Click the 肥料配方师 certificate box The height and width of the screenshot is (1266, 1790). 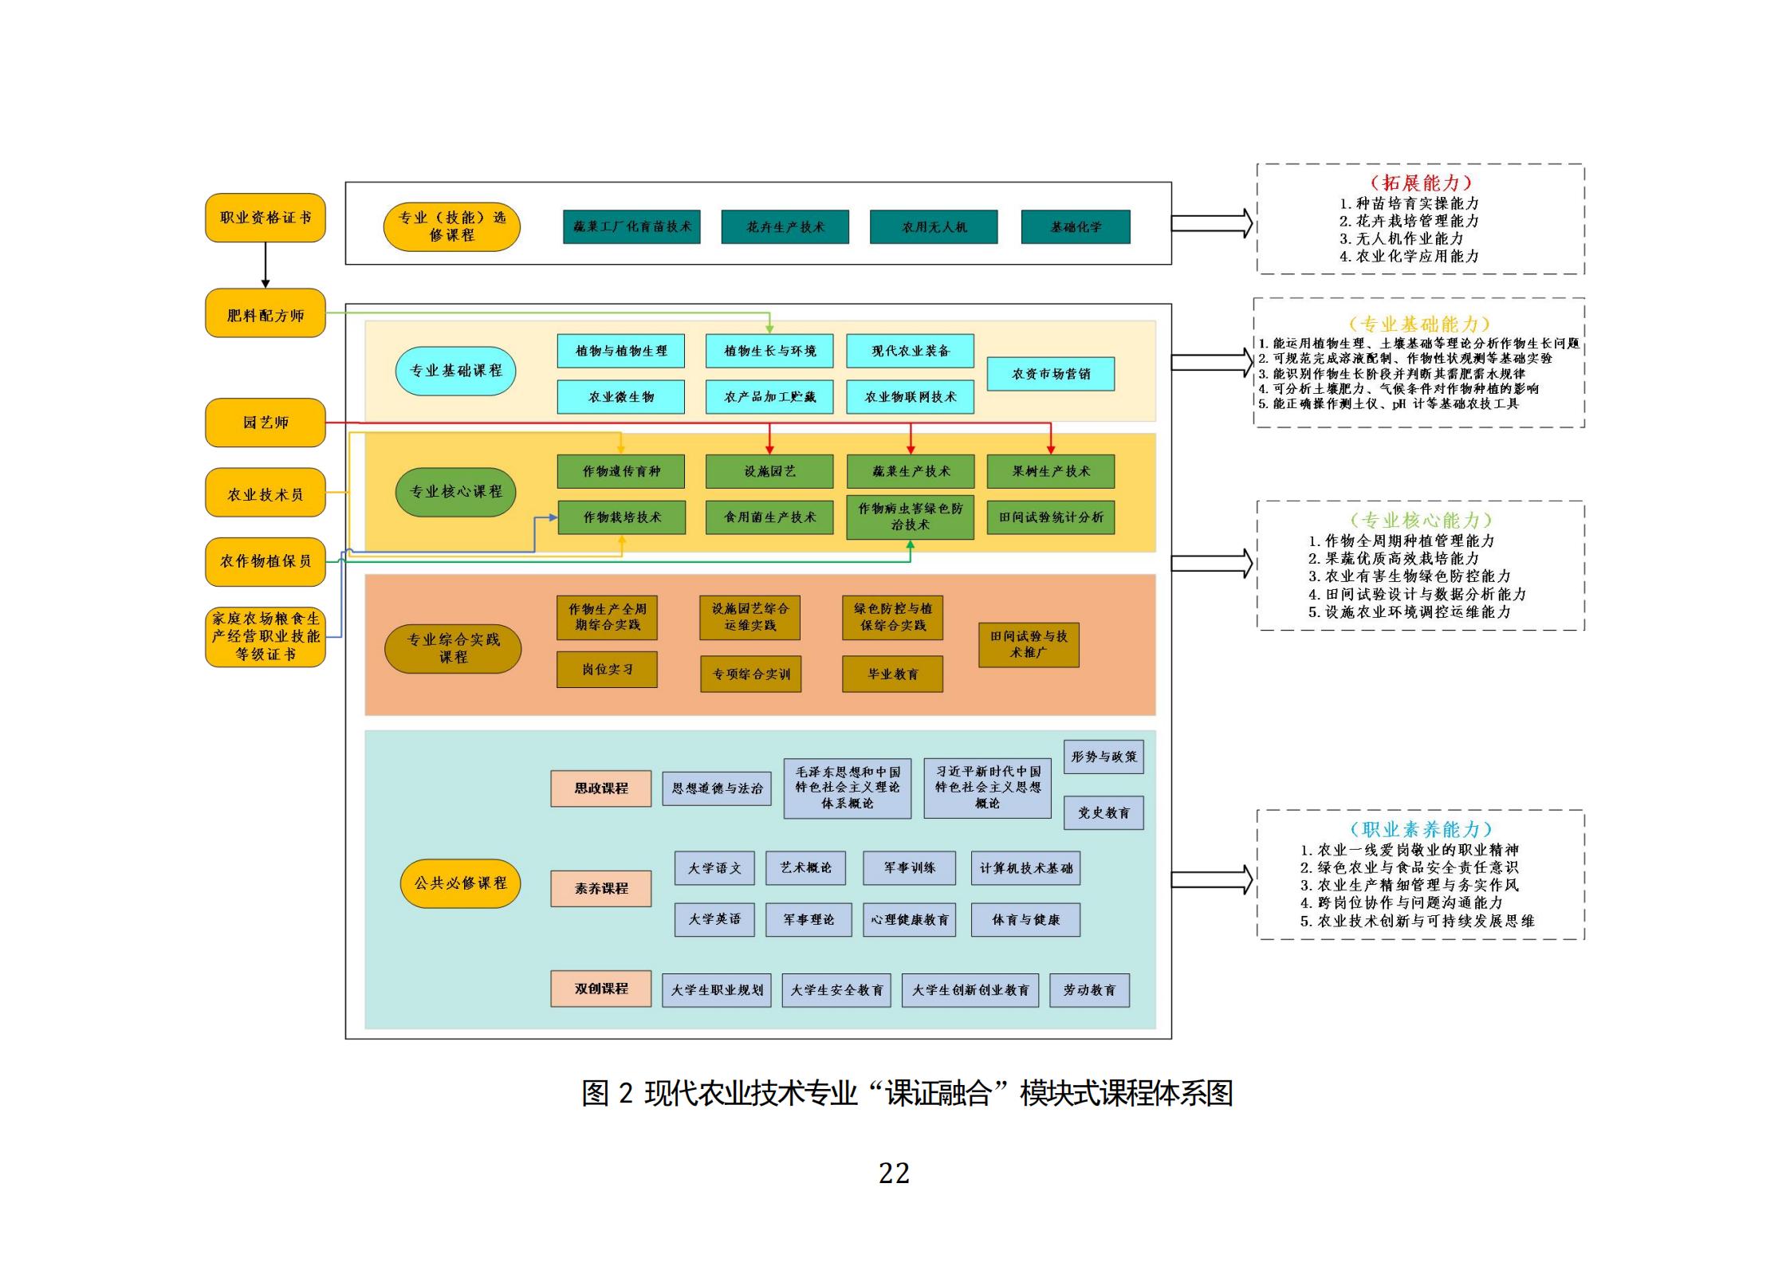click(x=265, y=314)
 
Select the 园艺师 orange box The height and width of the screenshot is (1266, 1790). click(x=265, y=423)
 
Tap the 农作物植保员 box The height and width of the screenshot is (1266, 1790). click(x=265, y=561)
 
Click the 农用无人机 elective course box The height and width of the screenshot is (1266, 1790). click(x=934, y=227)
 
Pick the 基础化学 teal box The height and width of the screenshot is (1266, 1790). click(x=1075, y=227)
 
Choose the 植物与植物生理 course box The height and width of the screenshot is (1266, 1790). click(x=620, y=351)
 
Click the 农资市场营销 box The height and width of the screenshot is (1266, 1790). click(x=1050, y=374)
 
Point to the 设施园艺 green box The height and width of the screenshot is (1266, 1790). click(x=769, y=471)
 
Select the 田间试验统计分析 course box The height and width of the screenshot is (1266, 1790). click(x=1050, y=517)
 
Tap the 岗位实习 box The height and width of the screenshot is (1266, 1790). click(x=607, y=670)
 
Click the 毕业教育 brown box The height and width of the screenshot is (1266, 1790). click(x=892, y=674)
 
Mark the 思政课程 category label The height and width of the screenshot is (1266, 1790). click(x=600, y=788)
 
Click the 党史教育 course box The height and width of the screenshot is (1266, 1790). click(x=1104, y=812)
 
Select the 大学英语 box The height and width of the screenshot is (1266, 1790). click(x=714, y=919)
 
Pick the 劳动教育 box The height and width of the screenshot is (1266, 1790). click(x=1089, y=990)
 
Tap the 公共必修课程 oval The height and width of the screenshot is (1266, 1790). click(x=460, y=883)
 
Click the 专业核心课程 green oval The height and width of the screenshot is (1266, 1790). click(x=455, y=492)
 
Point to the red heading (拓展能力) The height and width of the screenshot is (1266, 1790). click(x=1420, y=183)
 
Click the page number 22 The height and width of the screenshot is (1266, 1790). click(x=894, y=1173)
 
